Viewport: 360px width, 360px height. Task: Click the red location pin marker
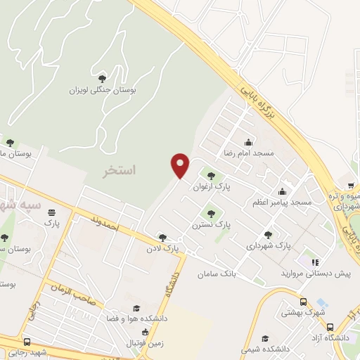pyautogui.click(x=181, y=165)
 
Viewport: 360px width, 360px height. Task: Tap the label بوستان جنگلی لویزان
pyautogui.click(x=102, y=90)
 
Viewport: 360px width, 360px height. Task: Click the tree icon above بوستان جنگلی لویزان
pyautogui.click(x=103, y=78)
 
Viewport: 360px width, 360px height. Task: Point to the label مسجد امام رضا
pyautogui.click(x=248, y=152)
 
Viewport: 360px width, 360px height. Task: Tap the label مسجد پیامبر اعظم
pyautogui.click(x=282, y=202)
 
